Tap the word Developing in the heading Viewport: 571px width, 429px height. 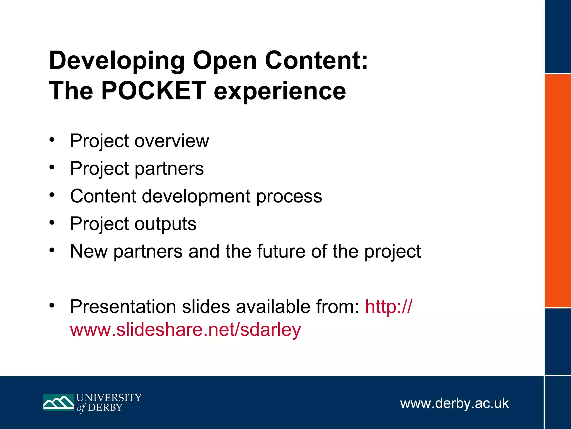117,61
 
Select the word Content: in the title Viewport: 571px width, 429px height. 316,61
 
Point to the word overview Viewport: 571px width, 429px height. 172,141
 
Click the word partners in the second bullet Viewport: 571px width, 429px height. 169,169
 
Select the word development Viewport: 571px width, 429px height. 196,196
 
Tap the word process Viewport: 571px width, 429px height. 289,197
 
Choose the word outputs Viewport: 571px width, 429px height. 166,224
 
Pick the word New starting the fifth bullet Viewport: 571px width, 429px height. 89,251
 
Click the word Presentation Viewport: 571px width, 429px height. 123,307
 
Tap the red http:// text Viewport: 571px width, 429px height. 388,307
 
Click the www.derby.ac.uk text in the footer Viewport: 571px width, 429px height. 454,404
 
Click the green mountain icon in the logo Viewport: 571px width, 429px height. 58,402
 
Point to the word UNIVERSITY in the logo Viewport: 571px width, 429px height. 109,397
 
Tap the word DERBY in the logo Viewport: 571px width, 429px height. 105,408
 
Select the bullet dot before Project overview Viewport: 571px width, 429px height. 52,139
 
